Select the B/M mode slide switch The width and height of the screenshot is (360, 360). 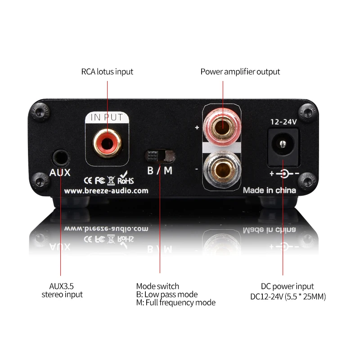point(159,157)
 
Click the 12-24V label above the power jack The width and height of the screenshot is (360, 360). point(282,121)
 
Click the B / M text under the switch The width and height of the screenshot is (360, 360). point(160,171)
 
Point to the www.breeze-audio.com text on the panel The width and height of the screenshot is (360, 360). point(106,191)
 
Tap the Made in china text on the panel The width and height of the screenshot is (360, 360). point(270,190)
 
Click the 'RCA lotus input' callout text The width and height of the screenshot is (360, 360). point(107,72)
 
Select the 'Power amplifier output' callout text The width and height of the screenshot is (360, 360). point(240,72)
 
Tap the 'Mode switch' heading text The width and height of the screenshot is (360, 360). point(157,286)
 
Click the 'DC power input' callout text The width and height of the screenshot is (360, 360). point(287,286)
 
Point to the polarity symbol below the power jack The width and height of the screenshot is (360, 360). point(283,173)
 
